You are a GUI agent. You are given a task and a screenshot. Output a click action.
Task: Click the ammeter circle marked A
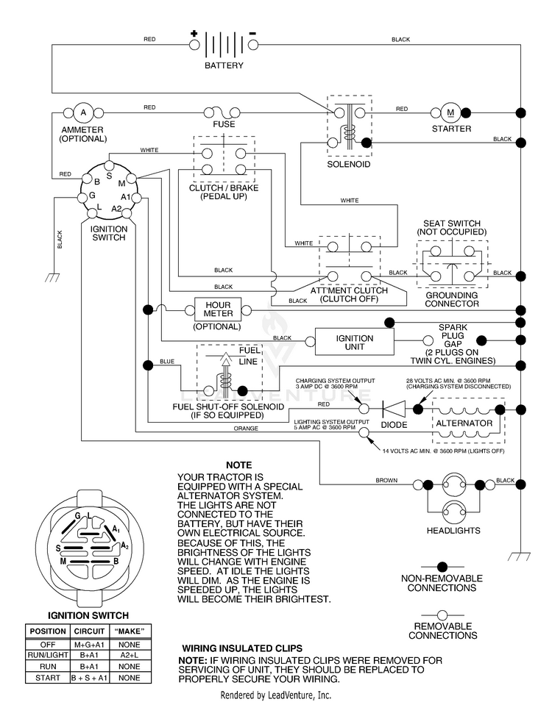(83, 112)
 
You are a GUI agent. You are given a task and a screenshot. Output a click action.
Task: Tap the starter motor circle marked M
(450, 112)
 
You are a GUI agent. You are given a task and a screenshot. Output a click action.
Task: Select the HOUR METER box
(219, 309)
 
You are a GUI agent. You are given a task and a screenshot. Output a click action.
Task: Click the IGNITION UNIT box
(354, 342)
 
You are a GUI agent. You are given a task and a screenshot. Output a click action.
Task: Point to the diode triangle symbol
(394, 409)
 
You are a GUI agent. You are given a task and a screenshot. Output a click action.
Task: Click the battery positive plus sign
(194, 33)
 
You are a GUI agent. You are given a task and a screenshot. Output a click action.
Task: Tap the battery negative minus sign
(253, 33)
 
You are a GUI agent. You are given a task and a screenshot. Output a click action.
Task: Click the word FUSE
(224, 124)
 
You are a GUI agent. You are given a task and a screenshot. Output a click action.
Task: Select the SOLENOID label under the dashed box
(348, 165)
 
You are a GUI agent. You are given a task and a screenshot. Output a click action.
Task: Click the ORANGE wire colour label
(246, 429)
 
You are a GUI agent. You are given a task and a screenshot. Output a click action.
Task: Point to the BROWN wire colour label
(386, 481)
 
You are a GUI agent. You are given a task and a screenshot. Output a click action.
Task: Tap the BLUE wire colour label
(167, 362)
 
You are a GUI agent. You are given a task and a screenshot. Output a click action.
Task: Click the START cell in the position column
(48, 678)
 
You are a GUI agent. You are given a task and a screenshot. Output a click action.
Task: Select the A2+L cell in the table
(129, 656)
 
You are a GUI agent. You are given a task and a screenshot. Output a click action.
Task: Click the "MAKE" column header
(129, 631)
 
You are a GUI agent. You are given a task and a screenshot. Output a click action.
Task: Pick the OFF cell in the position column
(48, 645)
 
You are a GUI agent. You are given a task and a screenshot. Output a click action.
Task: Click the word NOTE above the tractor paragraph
(238, 465)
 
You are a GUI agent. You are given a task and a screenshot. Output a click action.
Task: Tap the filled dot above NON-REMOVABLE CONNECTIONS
(442, 567)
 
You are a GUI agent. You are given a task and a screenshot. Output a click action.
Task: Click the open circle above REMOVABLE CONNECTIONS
(442, 615)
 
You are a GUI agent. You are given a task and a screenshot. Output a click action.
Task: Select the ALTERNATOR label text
(464, 423)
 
